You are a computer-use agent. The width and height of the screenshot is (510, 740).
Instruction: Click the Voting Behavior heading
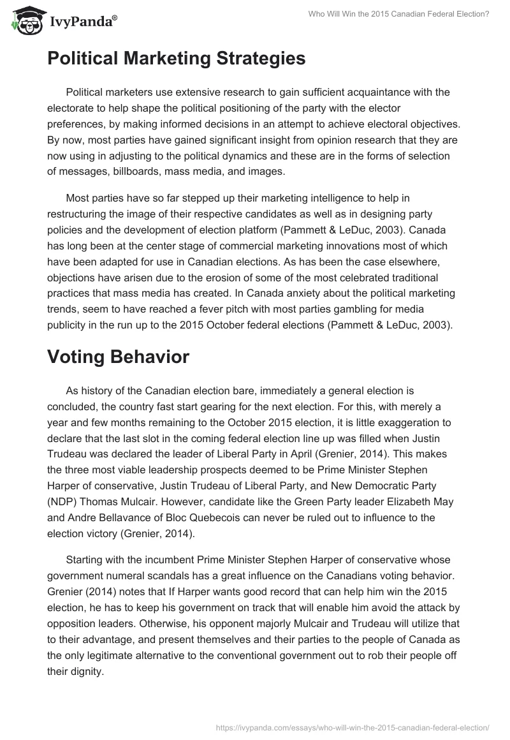(118, 357)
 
